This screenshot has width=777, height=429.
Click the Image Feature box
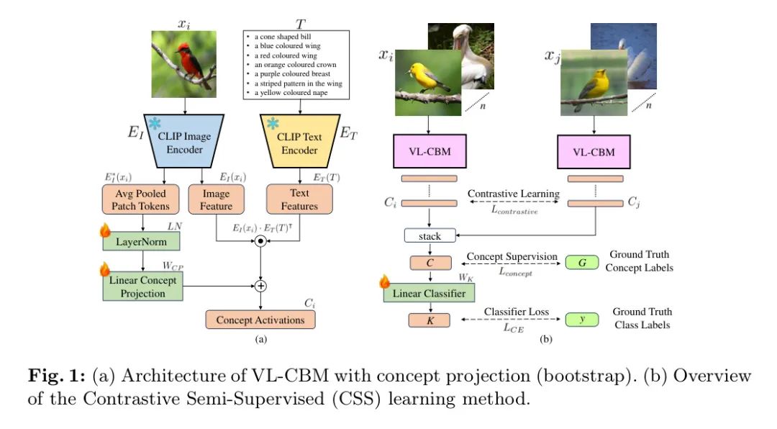coord(216,200)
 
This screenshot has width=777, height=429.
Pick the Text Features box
coord(299,199)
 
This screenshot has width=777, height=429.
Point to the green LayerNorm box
coord(143,241)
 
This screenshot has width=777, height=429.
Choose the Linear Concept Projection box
coord(143,287)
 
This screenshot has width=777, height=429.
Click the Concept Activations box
coord(260,320)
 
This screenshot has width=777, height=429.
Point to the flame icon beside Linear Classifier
coord(384,282)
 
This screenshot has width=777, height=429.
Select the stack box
coord(429,235)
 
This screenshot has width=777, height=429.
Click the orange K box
coord(429,320)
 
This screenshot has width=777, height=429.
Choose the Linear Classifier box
coord(429,292)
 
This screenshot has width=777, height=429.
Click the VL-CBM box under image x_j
coord(594,152)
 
